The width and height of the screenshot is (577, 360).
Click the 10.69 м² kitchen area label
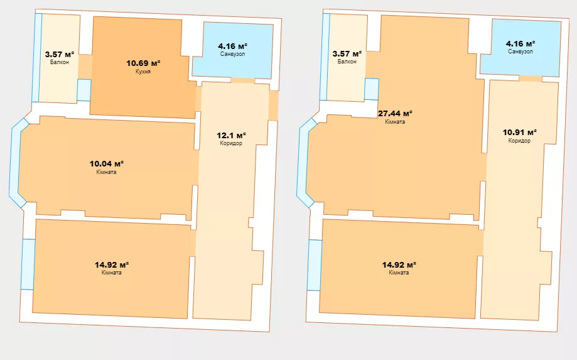coord(143,63)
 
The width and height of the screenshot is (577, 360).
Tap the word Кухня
coord(143,72)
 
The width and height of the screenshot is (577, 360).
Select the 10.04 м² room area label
coord(106,163)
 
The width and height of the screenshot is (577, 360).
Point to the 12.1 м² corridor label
coord(231,135)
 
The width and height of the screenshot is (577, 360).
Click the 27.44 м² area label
coord(395,113)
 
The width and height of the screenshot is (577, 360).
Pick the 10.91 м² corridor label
coord(520,132)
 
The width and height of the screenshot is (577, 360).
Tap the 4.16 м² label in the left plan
coord(232,46)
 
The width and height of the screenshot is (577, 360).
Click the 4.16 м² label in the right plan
coord(520,43)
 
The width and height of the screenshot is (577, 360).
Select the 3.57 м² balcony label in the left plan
coord(60,54)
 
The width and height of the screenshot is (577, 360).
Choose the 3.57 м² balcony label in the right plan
coord(347,54)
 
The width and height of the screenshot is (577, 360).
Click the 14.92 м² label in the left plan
coord(112,265)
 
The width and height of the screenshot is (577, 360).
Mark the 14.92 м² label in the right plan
coord(399,265)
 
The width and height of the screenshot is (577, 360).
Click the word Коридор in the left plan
coord(231,143)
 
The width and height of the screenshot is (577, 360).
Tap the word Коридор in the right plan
coord(519,141)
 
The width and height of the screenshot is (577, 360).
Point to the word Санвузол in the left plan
coord(232,54)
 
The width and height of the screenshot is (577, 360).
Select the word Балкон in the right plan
coord(347,62)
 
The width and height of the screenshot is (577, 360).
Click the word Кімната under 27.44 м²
coord(395,122)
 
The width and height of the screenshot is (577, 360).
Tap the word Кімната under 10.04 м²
coord(106,172)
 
